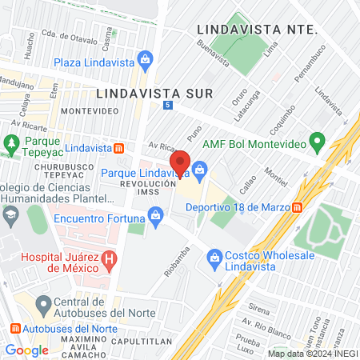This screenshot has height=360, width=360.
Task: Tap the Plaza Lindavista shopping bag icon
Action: pos(145,58)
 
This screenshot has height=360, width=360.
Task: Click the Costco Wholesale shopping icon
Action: pos(214,258)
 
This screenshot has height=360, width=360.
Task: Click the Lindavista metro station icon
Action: pos(118,148)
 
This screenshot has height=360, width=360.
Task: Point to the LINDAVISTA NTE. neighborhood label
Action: pos(257,29)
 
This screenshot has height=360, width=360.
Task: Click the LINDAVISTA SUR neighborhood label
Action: pos(154,93)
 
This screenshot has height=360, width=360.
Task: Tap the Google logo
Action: pos(26,350)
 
